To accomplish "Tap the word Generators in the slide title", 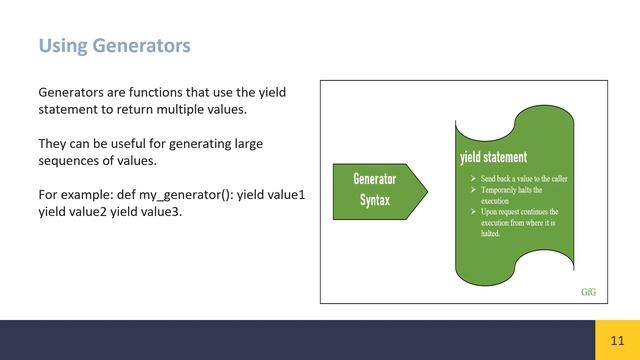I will click(x=139, y=46).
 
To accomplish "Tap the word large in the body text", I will click(x=245, y=144).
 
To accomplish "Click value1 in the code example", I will click(x=282, y=195).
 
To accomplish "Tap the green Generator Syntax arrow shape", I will click(x=375, y=189).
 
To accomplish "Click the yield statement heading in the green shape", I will click(x=493, y=157).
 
